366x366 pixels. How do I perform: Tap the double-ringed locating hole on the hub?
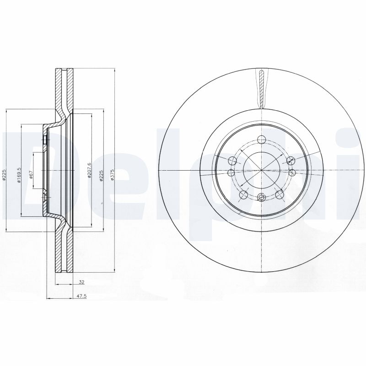click(x=261, y=198)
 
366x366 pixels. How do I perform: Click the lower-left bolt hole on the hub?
click(x=243, y=195)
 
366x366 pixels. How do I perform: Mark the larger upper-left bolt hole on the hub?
click(x=232, y=160)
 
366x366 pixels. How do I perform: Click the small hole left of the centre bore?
click(x=230, y=172)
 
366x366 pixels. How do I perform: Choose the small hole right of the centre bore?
click(x=291, y=172)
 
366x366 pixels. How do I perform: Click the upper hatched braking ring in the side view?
click(x=64, y=91)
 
